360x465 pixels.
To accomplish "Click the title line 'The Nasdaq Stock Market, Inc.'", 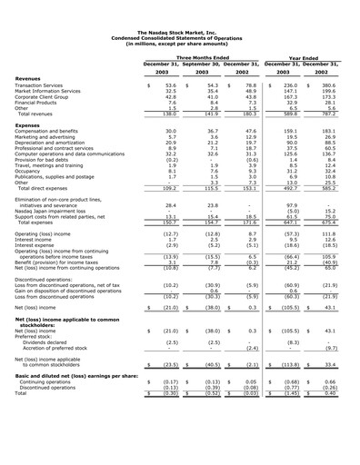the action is click(x=179, y=31).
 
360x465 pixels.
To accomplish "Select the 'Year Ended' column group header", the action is click(x=308, y=57).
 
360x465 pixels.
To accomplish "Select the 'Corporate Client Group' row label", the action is click(x=67, y=96).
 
